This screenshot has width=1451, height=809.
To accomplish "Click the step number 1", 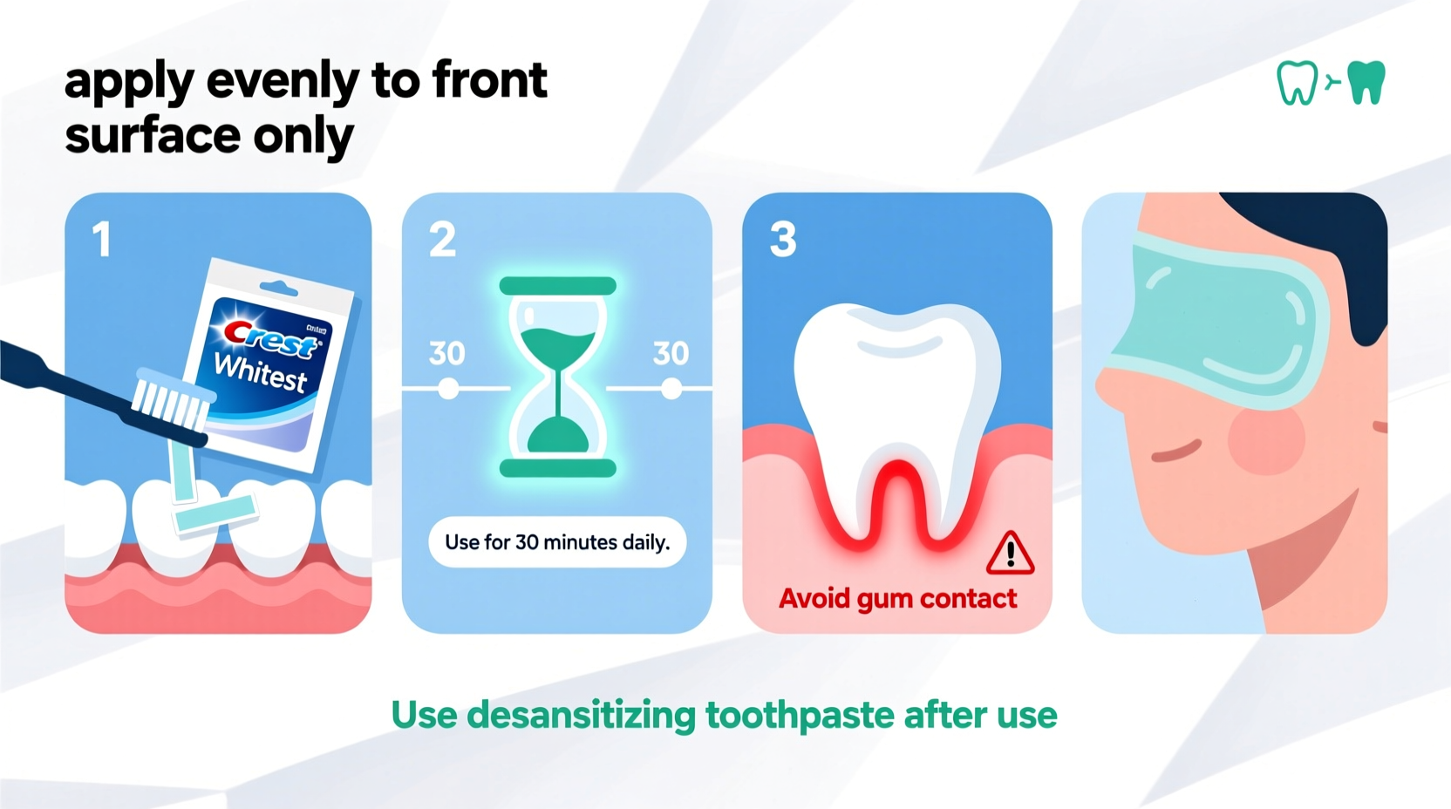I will pos(102,240).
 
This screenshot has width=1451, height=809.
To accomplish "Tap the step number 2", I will pos(442,240).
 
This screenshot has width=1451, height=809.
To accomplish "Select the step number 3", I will pos(783,240).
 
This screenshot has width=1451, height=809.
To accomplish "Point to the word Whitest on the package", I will pos(261,373).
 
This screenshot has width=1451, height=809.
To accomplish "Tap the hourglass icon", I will pos(558,377).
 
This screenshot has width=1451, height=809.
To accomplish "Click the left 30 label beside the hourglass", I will pos(447,353).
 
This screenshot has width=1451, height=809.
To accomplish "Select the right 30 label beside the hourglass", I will pos(671,353).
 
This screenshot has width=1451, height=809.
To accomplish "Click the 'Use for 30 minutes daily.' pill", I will pos(557,542).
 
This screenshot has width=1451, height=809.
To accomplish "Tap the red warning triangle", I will pos(1010,554).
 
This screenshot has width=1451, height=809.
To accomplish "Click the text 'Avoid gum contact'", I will pos(897,599).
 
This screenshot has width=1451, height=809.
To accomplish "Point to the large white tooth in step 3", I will pos(898,392).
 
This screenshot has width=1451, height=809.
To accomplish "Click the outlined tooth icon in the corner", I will pos(1297,84).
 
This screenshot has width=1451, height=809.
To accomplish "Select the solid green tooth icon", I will pos(1366,83).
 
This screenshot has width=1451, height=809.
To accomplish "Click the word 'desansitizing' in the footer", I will pos(581,716).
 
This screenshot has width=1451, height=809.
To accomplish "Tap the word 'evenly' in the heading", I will pos(283,81).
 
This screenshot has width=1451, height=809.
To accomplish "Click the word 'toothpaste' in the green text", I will pos(800,716).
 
